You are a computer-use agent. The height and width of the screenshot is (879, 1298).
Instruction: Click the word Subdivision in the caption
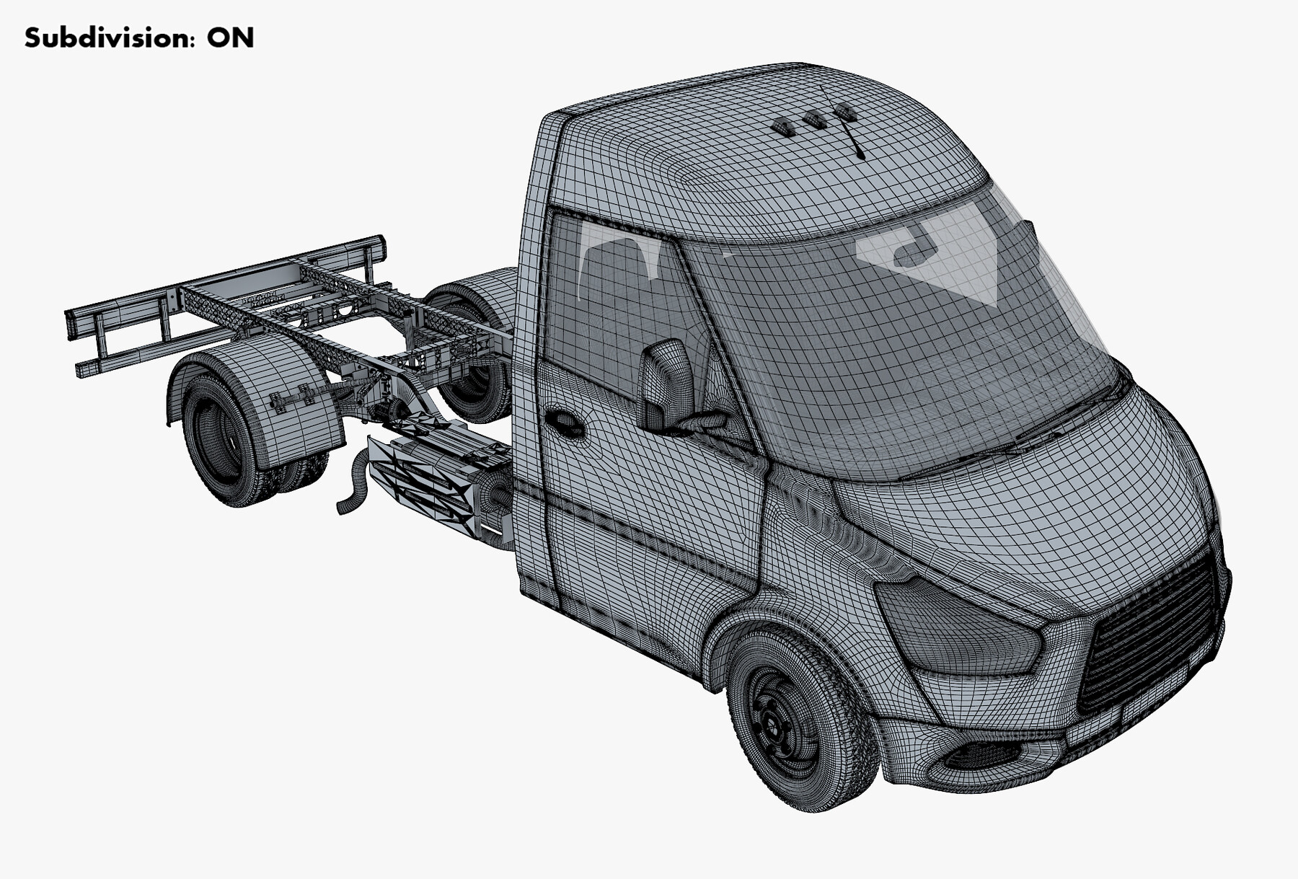[x=108, y=37]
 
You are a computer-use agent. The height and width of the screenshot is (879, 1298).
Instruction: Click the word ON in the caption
[x=230, y=37]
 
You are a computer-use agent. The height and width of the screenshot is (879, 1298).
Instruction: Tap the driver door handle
[x=564, y=423]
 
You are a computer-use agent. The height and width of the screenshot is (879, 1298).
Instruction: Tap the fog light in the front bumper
[x=981, y=756]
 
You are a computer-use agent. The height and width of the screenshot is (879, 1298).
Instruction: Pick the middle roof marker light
[x=815, y=120]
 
